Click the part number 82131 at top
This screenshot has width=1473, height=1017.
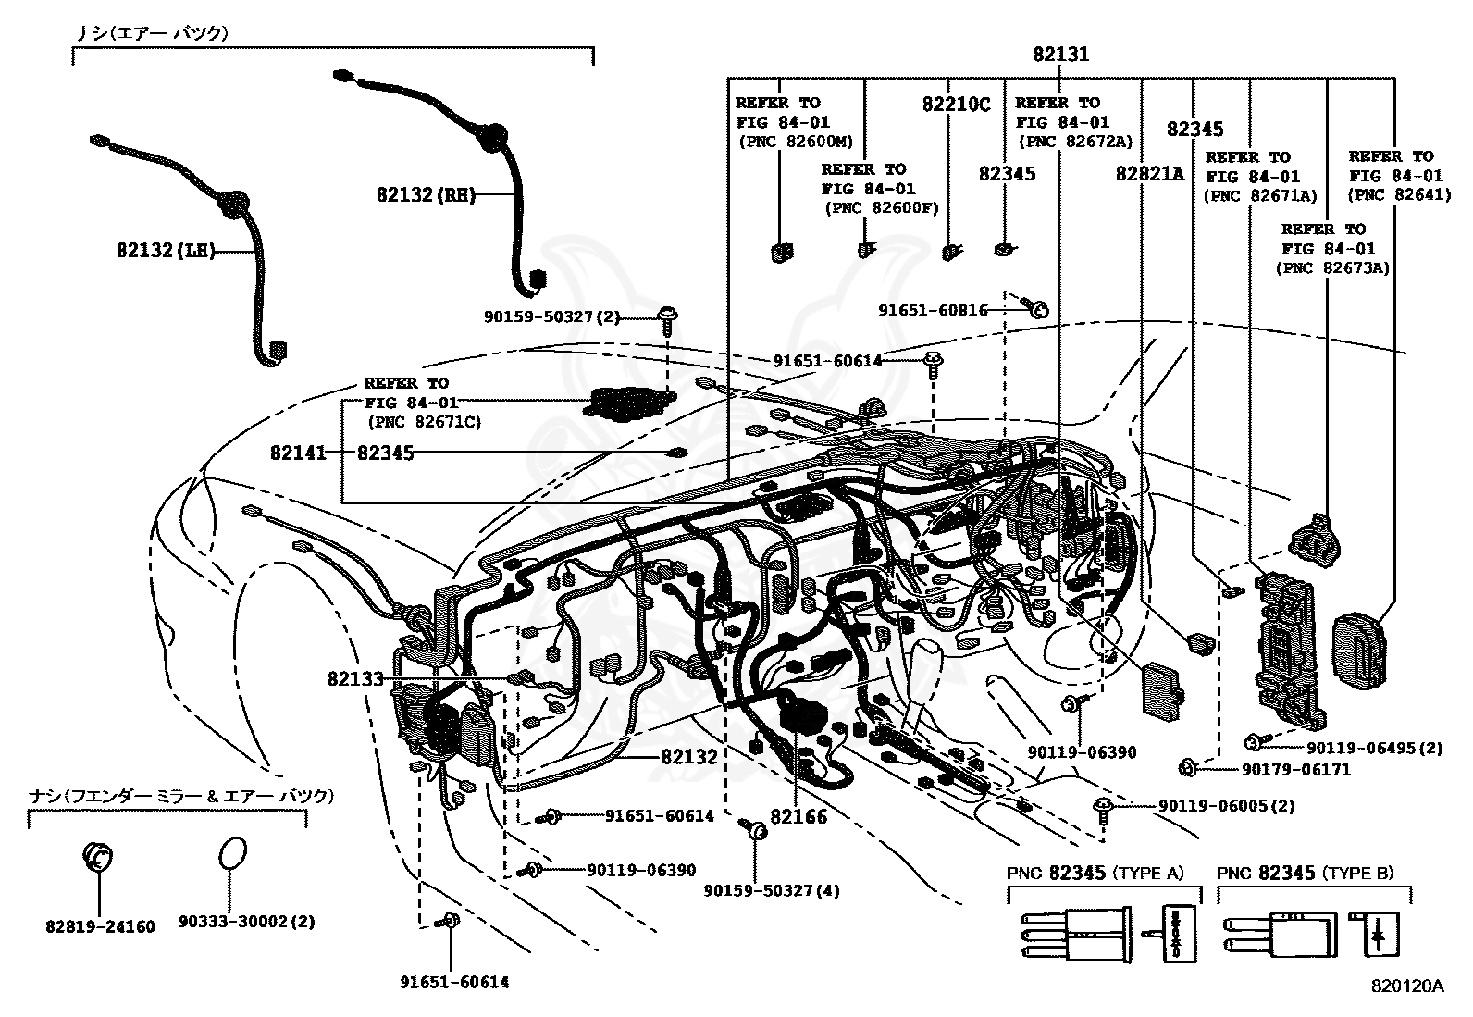[1061, 55]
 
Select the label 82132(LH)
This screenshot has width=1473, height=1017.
[166, 250]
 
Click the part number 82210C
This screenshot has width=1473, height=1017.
[956, 105]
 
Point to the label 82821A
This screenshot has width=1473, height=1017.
[1150, 174]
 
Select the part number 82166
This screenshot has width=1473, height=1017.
[798, 816]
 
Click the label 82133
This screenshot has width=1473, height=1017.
[355, 678]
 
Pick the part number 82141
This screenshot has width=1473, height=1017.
[298, 453]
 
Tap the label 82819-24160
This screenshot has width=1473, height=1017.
[100, 925]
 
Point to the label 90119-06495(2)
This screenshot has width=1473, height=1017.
[1375, 748]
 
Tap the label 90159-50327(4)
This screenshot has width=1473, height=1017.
[772, 890]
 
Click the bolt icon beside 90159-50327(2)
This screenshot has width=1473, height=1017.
[666, 318]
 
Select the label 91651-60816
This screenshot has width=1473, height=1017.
[933, 311]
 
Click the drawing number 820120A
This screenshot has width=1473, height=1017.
[1407, 986]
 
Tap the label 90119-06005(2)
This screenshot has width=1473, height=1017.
[1226, 806]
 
